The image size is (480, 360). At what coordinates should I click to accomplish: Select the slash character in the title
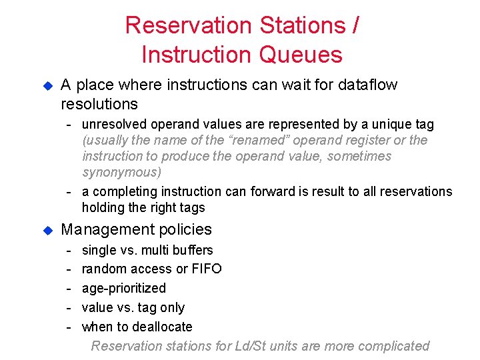tap(355, 25)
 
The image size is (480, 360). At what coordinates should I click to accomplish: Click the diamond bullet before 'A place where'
tap(47, 86)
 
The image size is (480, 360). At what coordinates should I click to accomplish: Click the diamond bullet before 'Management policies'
tap(47, 230)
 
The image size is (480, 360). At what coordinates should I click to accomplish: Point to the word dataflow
tap(365, 85)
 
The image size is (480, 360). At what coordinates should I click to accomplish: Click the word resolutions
tap(99, 104)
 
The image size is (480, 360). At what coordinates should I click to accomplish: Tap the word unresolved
tap(114, 125)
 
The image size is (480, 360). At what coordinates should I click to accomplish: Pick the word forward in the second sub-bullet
tap(273, 192)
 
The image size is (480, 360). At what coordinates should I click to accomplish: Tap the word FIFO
tap(207, 269)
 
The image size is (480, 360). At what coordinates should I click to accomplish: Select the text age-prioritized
tap(123, 289)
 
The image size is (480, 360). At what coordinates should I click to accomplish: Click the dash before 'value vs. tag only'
tap(69, 307)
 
